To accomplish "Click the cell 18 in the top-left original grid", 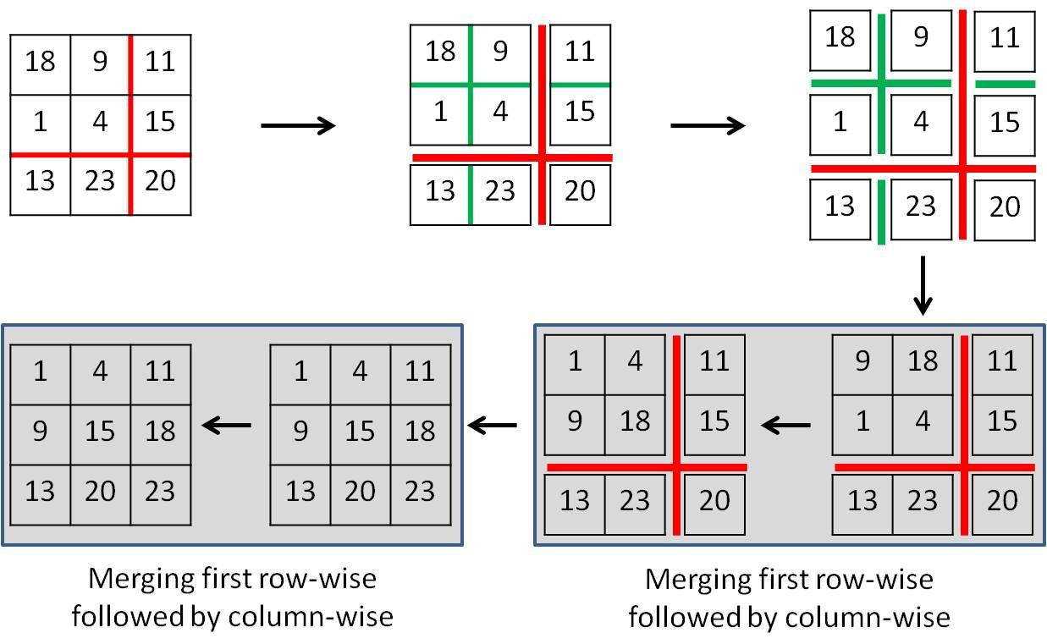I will click(x=40, y=63).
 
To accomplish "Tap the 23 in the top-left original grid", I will click(x=100, y=181).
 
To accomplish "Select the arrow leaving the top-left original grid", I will click(x=298, y=126).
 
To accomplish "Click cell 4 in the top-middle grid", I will click(x=500, y=112).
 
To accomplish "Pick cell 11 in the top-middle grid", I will click(x=580, y=52).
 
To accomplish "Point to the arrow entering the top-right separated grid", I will click(x=708, y=126).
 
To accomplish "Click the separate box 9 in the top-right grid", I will click(x=921, y=39).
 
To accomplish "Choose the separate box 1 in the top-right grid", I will click(x=840, y=123).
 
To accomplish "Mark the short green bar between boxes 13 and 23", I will click(x=881, y=211).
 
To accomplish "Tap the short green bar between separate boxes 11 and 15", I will click(x=1005, y=84).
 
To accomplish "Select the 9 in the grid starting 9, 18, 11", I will click(x=862, y=362).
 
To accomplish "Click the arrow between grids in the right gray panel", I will click(x=786, y=425).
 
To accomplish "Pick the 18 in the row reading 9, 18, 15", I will click(x=635, y=421).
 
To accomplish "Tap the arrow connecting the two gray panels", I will click(x=492, y=425).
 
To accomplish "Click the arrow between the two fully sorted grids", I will click(x=227, y=425).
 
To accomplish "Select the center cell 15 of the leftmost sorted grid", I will click(x=100, y=432).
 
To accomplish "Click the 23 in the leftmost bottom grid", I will click(x=160, y=492).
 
